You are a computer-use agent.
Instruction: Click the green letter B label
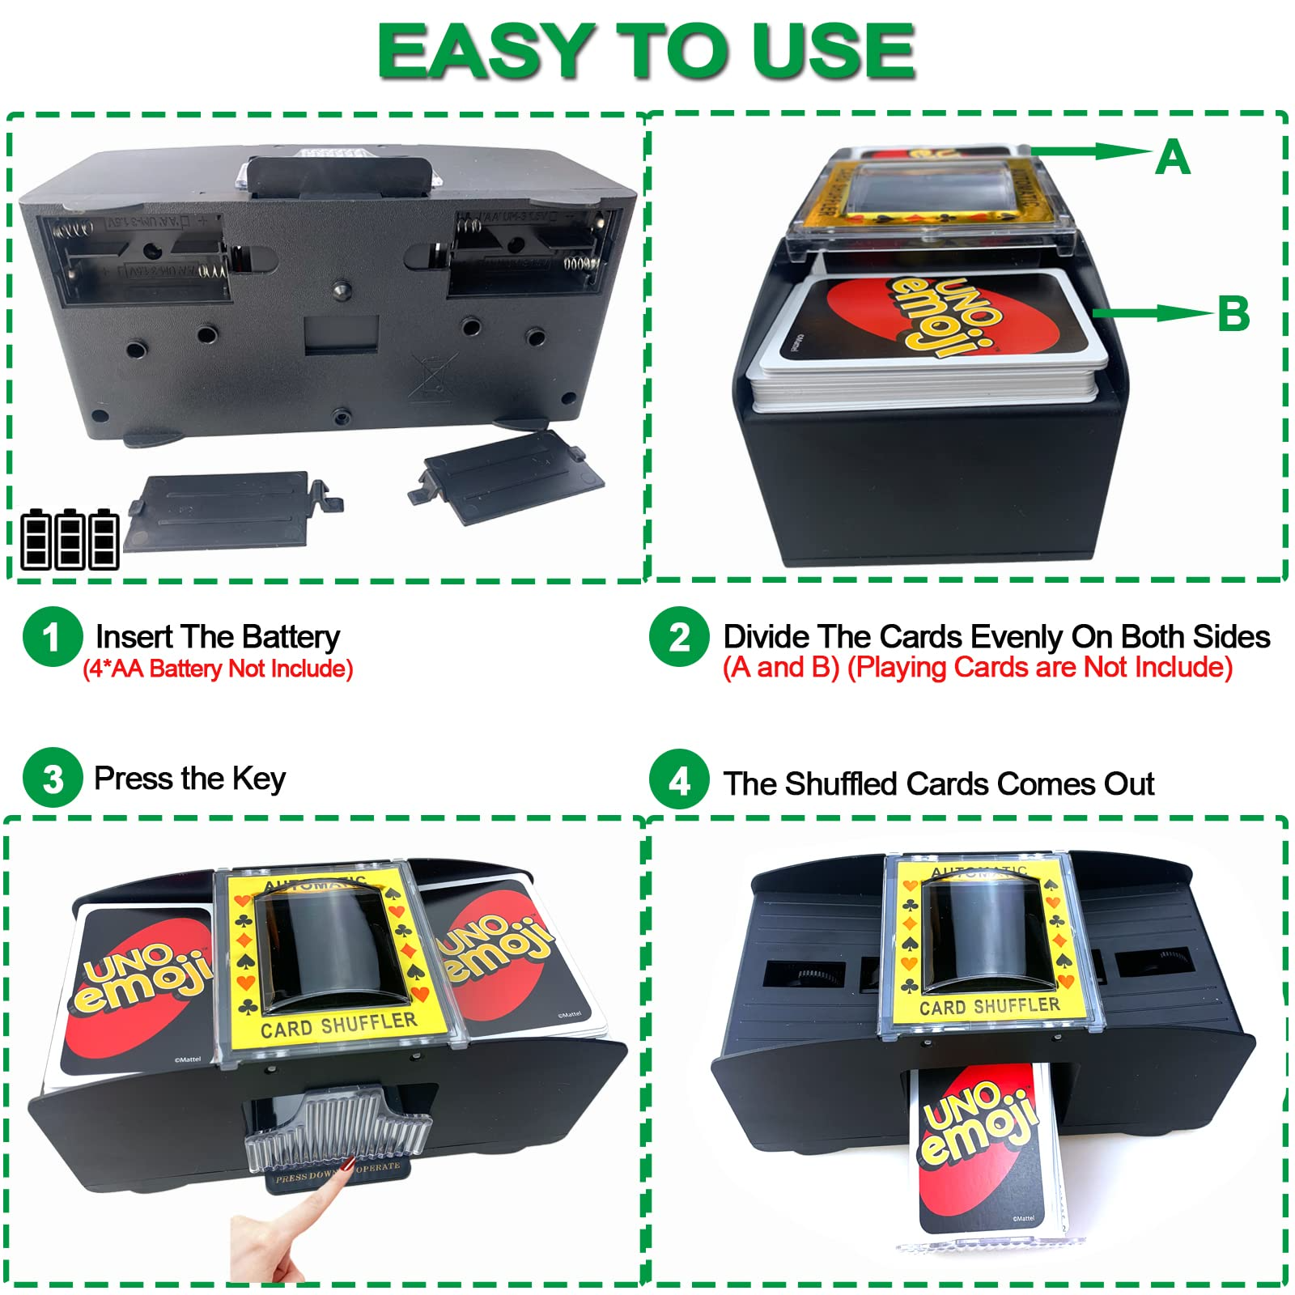coord(1233,314)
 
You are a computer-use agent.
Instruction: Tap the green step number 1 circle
coord(53,637)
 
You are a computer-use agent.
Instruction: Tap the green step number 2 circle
coord(679,637)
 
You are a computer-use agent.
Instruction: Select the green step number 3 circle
coord(53,778)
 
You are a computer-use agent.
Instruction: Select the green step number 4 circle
coord(679,779)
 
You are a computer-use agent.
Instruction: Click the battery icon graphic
coord(70,540)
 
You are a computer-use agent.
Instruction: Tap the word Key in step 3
coord(259,779)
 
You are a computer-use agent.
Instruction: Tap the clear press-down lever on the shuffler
coord(338,1125)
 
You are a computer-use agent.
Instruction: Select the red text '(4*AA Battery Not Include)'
coord(218,669)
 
